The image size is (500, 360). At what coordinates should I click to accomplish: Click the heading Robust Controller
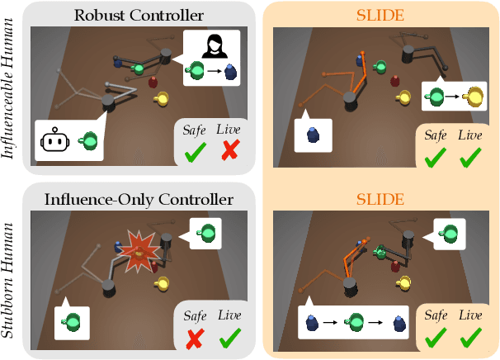[x=129, y=15]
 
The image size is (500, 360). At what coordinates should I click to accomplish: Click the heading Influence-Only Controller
[x=129, y=199]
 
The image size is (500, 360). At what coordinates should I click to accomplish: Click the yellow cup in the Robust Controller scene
[x=163, y=99]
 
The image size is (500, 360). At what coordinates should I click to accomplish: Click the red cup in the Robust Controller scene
[x=153, y=81]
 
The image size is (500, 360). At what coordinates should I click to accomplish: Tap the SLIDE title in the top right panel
[x=381, y=15]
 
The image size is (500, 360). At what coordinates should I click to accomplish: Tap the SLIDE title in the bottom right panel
[x=381, y=199]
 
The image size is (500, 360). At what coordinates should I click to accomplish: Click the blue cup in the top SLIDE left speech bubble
[x=314, y=133]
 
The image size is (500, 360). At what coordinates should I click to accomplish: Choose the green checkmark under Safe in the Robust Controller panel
[x=196, y=152]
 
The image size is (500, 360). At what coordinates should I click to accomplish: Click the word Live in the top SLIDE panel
[x=471, y=135]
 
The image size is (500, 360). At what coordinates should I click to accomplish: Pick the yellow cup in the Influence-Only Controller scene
[x=163, y=283]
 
